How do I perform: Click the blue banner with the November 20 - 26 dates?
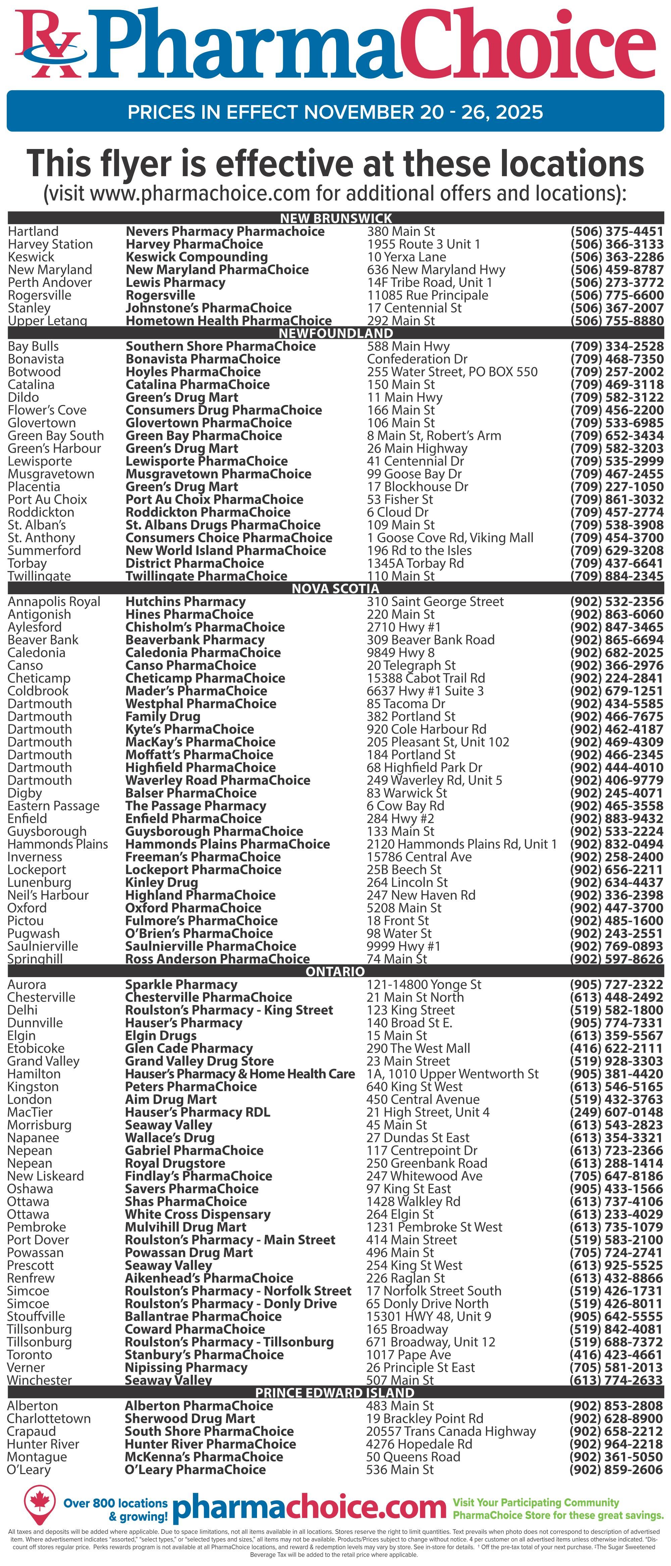coord(335,112)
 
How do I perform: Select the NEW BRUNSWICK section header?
coord(335,218)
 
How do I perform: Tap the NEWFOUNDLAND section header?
coord(335,333)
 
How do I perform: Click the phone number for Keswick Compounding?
coord(616,257)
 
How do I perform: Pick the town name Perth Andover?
coord(50,283)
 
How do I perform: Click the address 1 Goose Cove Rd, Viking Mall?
coord(450,538)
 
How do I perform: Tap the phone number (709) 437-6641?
coord(616,563)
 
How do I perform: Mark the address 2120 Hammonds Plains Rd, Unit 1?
coord(461,844)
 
